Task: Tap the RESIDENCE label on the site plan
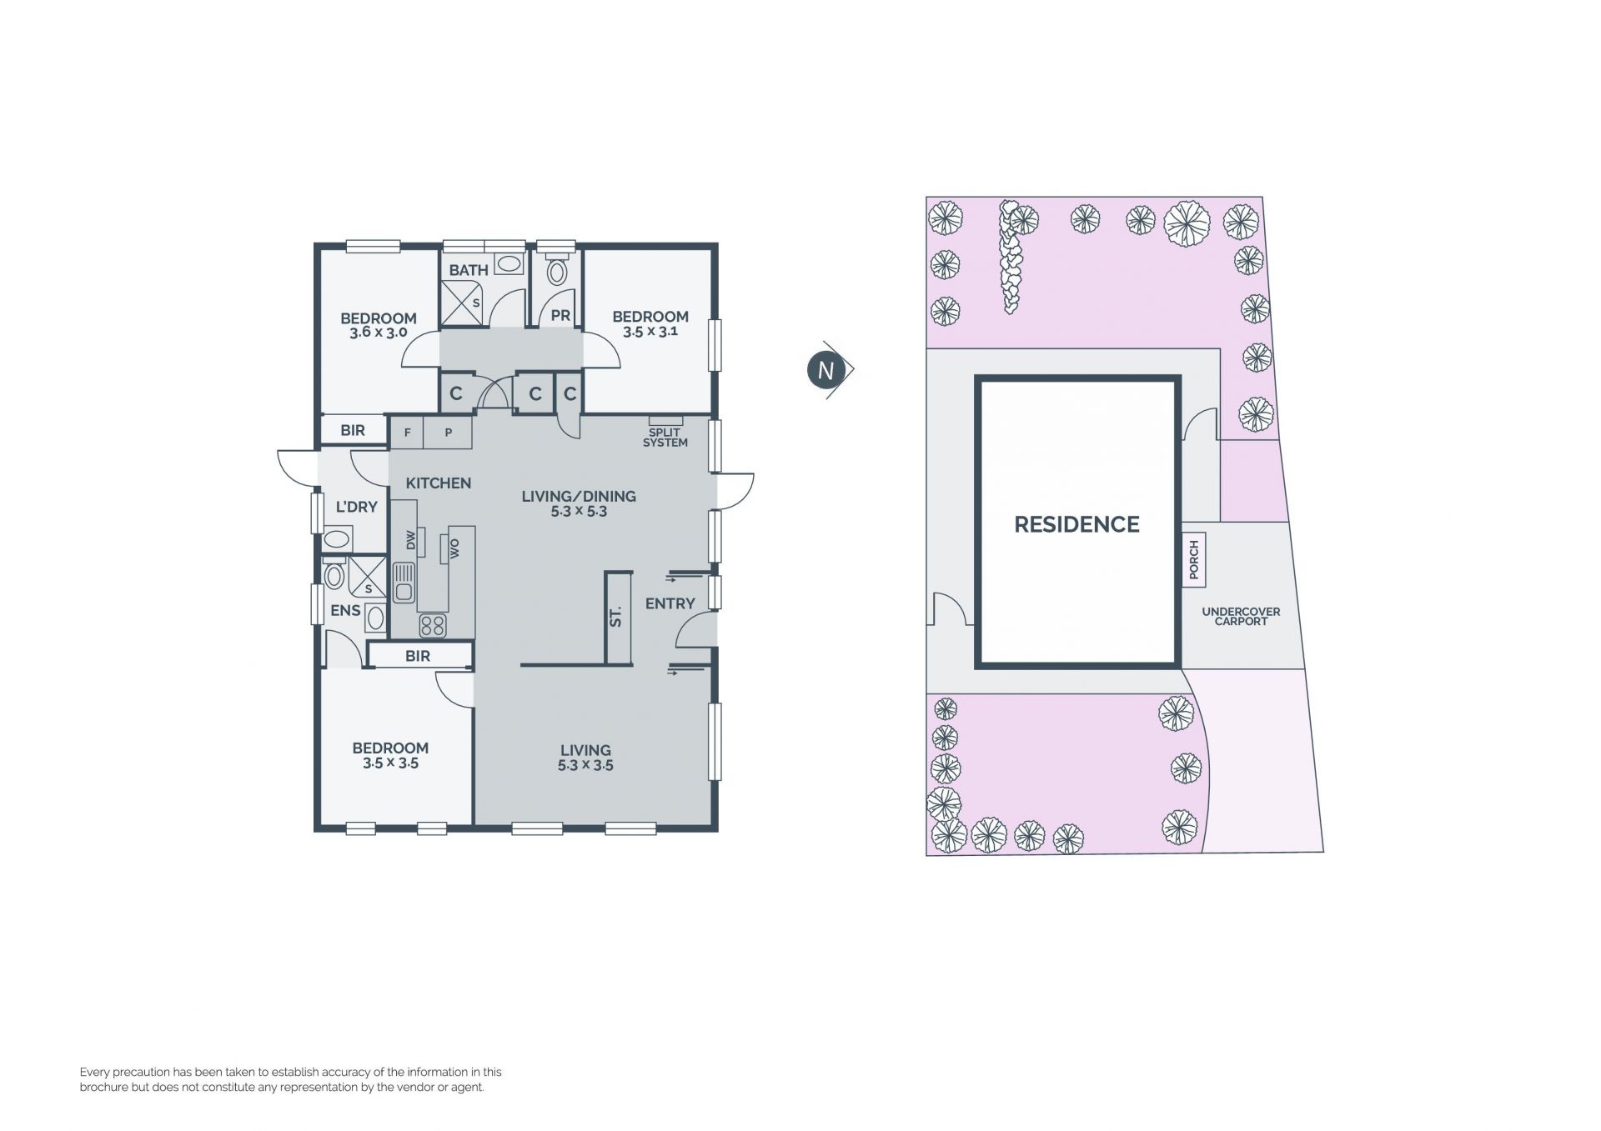click(x=1077, y=524)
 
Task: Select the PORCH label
click(x=1193, y=560)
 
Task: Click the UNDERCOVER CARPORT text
click(x=1241, y=616)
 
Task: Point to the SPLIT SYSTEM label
click(x=665, y=438)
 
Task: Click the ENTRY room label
click(x=670, y=603)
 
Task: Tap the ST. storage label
click(x=615, y=618)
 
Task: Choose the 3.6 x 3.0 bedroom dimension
click(x=378, y=333)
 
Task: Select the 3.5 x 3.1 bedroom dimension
click(x=650, y=331)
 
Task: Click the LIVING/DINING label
click(x=579, y=496)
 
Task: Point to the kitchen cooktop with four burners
click(x=432, y=625)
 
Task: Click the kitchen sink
click(x=404, y=583)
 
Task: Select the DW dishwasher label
click(x=410, y=540)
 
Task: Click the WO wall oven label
click(x=454, y=548)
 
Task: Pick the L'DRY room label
click(x=356, y=507)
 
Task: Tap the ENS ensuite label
click(x=345, y=610)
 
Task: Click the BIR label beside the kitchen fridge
click(x=353, y=430)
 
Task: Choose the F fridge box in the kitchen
click(x=407, y=433)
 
